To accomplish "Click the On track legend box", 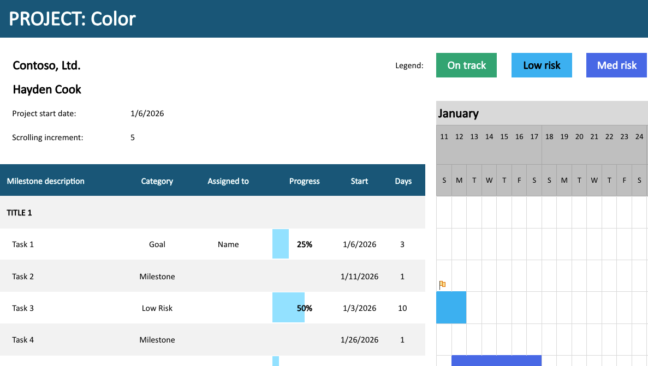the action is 466,65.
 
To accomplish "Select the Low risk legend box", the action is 542,65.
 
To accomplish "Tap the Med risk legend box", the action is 616,65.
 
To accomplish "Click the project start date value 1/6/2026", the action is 147,113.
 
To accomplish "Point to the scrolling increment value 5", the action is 133,137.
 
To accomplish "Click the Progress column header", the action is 305,181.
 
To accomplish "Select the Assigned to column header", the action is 228,181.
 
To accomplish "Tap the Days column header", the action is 403,181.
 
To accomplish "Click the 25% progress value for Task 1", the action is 305,244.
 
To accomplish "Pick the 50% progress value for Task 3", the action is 305,308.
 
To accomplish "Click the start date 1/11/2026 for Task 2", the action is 360,277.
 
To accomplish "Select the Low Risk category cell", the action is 157,308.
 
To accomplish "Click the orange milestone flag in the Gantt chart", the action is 442,284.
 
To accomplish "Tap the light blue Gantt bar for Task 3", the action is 451,307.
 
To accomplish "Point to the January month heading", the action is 459,113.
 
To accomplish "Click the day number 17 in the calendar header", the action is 534,137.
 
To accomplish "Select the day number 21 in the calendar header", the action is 595,137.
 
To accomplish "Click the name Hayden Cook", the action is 47,89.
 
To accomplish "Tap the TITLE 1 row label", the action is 19,213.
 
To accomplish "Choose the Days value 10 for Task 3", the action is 402,308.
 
